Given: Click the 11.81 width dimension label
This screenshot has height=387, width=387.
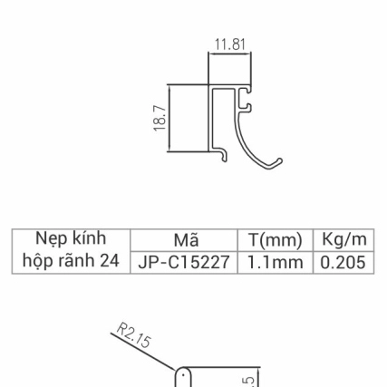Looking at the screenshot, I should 229,44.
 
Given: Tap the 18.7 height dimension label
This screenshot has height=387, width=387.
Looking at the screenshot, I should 160,119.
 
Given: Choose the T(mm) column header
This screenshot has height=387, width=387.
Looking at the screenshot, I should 275,240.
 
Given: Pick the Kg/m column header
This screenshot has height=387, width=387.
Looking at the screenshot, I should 343,240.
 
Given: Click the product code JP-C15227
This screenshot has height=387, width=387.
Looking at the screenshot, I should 185,262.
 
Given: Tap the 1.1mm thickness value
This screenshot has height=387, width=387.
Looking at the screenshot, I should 275,262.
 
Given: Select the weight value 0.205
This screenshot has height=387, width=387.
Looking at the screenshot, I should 343,262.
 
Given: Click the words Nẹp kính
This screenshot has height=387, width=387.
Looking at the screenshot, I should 71,238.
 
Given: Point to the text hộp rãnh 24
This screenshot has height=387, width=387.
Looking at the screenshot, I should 71,261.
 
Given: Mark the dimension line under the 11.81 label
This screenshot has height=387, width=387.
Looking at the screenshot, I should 229,53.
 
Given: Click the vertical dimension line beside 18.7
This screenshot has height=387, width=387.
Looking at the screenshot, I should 169,119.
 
